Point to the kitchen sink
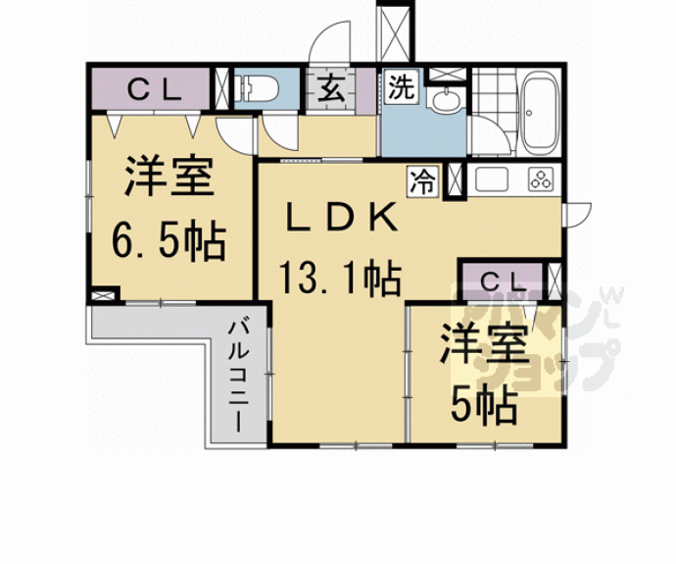coord(490,179)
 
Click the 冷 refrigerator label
coord(423,179)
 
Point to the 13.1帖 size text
coord(340,281)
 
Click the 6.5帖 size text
coord(169,239)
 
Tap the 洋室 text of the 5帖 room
coord(484,345)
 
